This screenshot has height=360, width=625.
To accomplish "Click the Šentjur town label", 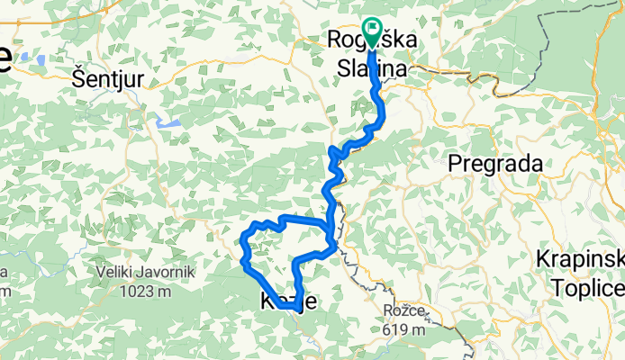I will [x=108, y=79].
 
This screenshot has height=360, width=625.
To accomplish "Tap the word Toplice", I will [x=592, y=287].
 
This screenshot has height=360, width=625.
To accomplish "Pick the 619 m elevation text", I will [x=403, y=329].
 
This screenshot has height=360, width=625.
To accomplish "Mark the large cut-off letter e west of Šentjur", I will [x=5, y=59].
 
